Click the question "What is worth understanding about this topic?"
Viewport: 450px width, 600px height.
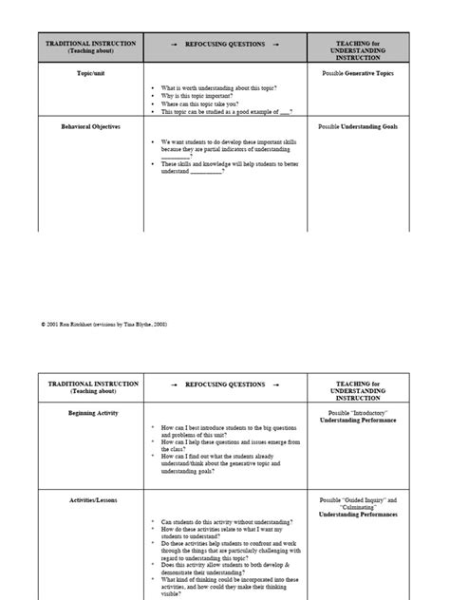click(218, 88)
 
